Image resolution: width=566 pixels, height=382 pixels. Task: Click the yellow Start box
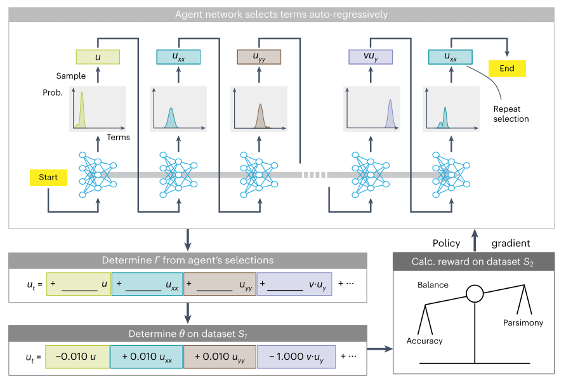click(x=48, y=178)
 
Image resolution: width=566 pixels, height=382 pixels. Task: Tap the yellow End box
click(x=507, y=69)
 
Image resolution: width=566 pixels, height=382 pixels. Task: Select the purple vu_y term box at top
click(x=371, y=57)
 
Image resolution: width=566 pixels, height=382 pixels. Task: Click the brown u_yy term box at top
click(x=259, y=57)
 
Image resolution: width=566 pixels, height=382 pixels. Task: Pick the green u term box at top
click(x=97, y=57)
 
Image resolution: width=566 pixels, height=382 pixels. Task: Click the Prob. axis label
click(x=53, y=93)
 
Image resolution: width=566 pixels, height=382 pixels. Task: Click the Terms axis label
click(x=118, y=137)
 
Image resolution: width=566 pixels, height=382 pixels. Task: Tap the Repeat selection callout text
click(x=511, y=114)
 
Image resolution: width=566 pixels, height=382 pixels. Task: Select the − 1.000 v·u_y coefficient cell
click(x=294, y=356)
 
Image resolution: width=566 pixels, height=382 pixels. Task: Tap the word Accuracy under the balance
click(x=425, y=341)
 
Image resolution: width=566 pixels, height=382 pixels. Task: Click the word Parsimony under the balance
click(x=523, y=323)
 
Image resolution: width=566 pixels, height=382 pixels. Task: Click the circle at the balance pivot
click(x=475, y=294)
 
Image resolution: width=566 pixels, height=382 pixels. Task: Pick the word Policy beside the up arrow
click(x=447, y=244)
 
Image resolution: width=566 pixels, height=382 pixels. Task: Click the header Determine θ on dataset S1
click(x=187, y=333)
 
